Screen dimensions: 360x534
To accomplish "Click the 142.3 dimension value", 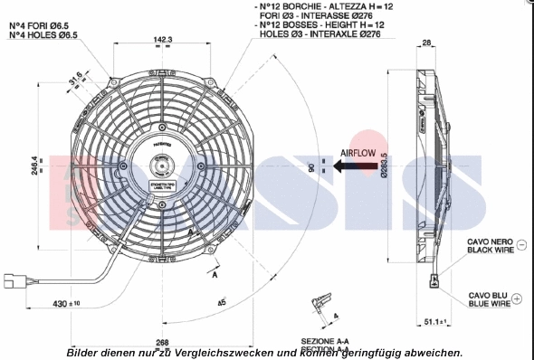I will (163, 40).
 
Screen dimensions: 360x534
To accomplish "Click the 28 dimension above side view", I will (427, 43).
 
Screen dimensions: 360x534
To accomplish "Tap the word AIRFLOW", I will (364, 154).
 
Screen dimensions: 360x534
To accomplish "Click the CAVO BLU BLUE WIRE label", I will (488, 299).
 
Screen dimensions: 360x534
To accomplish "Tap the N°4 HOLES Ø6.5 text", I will (43, 34).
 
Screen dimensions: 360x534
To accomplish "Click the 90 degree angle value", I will (310, 168).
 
